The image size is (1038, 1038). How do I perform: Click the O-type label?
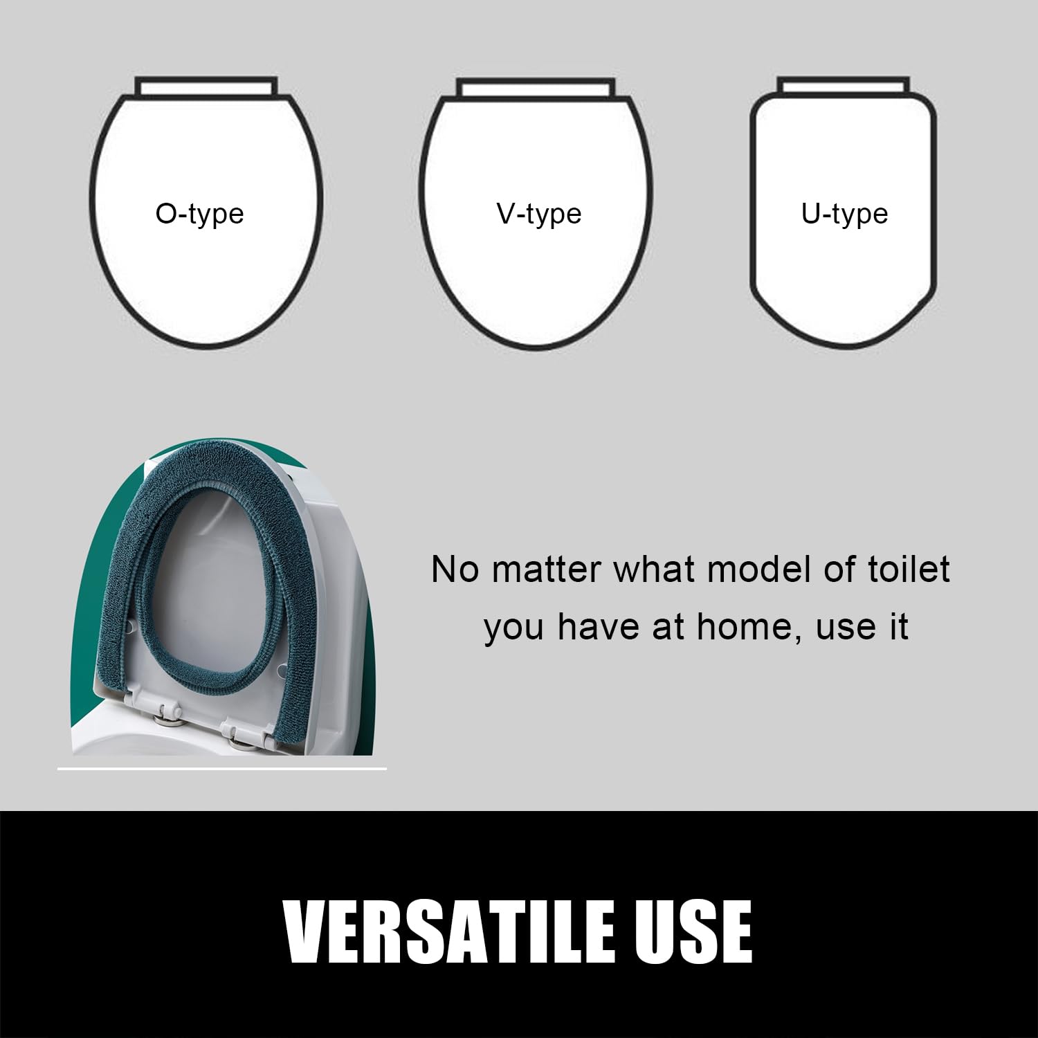click(199, 214)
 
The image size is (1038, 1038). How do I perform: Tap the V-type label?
click(539, 214)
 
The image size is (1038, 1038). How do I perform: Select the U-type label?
click(844, 214)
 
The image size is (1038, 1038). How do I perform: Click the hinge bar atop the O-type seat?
click(206, 86)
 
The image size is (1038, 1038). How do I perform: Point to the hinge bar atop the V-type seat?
click(536, 87)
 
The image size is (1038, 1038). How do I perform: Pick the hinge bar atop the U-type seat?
click(843, 86)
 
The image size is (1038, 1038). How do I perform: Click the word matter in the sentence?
click(547, 570)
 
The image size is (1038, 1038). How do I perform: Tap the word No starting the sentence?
click(455, 570)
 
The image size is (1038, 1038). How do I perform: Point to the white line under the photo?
click(221, 768)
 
